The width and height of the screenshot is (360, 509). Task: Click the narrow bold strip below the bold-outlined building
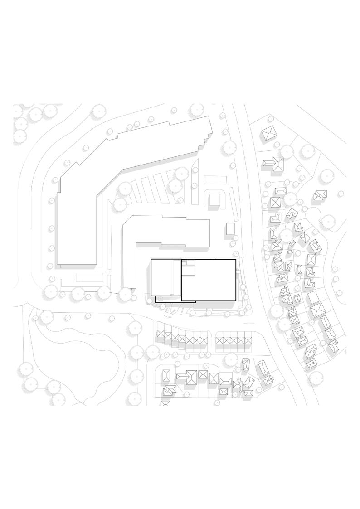175,300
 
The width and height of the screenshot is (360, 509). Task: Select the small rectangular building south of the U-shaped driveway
230,228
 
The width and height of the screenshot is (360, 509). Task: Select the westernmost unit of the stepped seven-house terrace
161,334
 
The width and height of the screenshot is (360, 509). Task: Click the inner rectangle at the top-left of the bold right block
188,267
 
